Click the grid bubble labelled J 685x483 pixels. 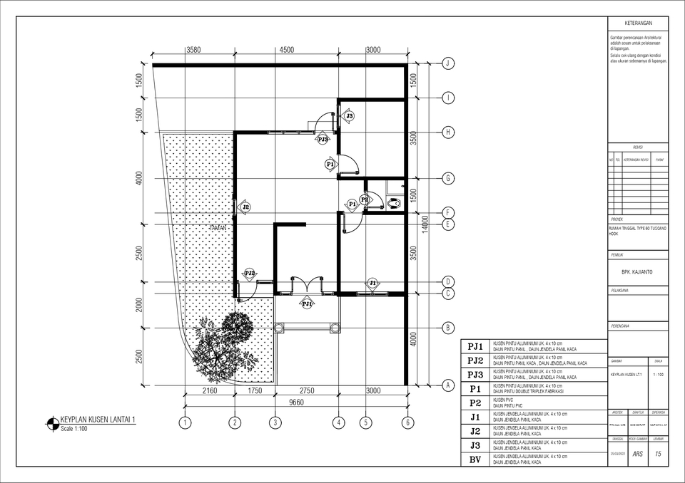pos(448,63)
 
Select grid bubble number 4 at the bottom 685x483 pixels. pos(338,422)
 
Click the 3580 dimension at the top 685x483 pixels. pos(193,50)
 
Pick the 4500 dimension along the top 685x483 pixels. pos(286,50)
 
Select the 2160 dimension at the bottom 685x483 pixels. pos(210,390)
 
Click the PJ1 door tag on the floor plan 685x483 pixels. pos(307,303)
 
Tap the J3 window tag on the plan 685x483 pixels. pos(349,115)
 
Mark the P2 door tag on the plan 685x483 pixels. pos(365,200)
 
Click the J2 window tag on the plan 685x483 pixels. pos(245,207)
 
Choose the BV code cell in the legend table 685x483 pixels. pos(475,459)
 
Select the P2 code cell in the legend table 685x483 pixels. pos(475,402)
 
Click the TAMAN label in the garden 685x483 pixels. pos(218,228)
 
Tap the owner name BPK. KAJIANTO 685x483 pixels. pos(637,271)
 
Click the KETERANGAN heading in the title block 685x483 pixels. pos(637,24)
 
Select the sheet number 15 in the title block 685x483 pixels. pos(657,454)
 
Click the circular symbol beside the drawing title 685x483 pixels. pos(52,424)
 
